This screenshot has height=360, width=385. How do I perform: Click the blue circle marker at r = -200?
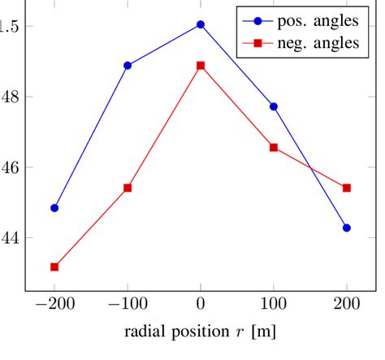coord(54,208)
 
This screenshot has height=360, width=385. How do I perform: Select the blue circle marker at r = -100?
coord(128,65)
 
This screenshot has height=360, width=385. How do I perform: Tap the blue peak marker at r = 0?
coord(201,24)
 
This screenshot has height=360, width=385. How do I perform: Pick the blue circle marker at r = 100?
coord(274,106)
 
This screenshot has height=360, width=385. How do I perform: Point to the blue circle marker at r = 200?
coord(347,228)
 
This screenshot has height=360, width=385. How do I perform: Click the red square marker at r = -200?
coord(54,267)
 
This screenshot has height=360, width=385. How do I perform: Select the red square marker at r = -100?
coord(128,188)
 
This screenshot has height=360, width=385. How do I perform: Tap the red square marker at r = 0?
coord(201,65)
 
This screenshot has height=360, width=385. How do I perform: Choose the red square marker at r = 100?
coord(274,147)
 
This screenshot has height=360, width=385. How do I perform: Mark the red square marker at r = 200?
coord(347,188)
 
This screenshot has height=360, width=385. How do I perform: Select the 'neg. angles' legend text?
coord(320,43)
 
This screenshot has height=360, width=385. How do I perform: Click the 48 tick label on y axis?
coord(8,97)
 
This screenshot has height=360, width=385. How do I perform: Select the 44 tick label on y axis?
coord(8,238)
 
